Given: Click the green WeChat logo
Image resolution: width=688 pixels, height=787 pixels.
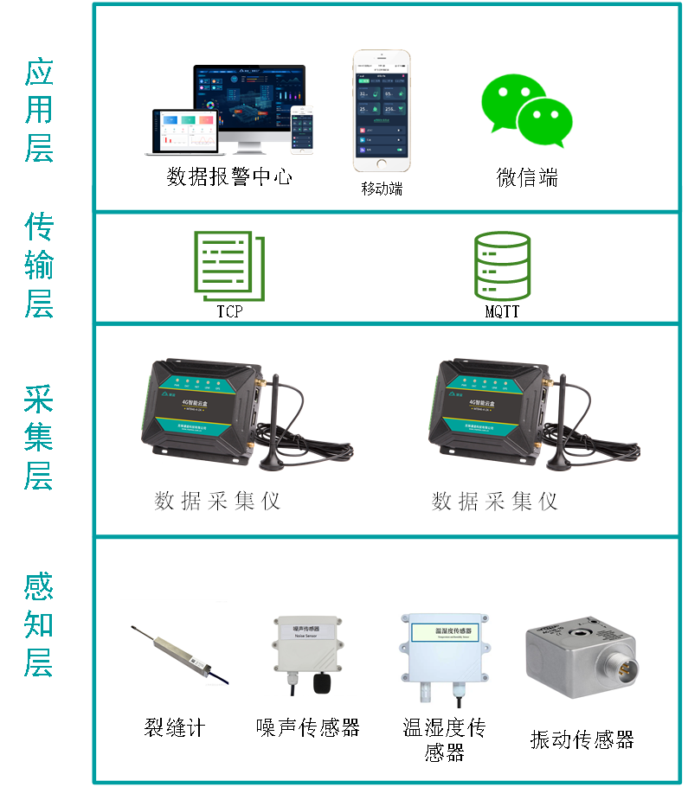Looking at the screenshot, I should point(526,105).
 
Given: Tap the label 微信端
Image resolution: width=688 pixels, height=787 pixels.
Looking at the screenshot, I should point(527,178).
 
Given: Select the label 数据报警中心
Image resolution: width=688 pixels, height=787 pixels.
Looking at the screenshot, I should point(229,177).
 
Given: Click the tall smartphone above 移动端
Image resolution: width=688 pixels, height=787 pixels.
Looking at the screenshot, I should point(381,111).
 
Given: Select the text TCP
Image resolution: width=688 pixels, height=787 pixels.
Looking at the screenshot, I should point(229,311).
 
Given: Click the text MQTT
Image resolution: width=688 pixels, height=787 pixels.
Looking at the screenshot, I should point(502,311).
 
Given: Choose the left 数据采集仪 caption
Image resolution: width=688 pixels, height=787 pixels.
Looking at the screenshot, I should point(217,501).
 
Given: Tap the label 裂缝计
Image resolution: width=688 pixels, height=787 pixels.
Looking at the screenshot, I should point(175,727).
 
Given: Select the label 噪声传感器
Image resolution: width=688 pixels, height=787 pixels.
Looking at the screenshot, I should point(308,727).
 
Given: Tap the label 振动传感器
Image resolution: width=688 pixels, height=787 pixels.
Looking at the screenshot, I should point(582,739).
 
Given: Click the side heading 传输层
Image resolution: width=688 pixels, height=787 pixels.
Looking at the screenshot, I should point(39,265).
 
